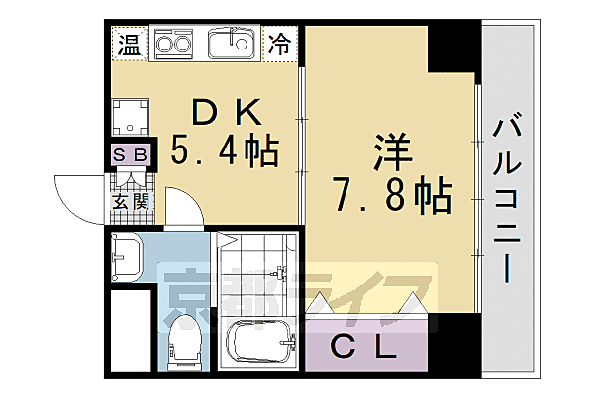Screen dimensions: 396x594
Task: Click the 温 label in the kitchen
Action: (x=129, y=45)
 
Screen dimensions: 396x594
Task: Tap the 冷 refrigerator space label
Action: (x=281, y=45)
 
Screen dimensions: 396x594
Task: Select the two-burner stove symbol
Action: (x=175, y=45)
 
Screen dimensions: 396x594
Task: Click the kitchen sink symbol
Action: (x=234, y=44)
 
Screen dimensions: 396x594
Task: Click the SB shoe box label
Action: (x=130, y=154)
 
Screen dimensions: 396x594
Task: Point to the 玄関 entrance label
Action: (x=130, y=203)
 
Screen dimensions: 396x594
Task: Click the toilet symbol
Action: (x=185, y=342)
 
